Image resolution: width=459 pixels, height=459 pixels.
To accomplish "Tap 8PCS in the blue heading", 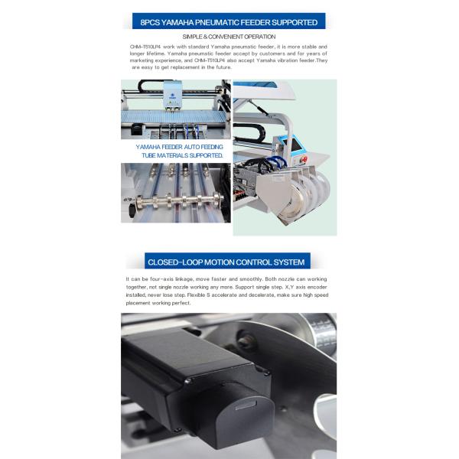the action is click(150, 22).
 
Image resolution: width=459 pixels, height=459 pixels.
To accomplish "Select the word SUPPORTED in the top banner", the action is click(295, 22).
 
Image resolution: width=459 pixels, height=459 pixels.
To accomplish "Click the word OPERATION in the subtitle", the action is click(259, 37).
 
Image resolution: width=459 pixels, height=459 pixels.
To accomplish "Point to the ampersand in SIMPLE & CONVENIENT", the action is click(205, 37).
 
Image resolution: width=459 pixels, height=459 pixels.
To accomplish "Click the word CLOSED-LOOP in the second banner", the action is click(174, 262).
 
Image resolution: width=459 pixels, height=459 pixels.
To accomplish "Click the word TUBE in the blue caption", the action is click(148, 155).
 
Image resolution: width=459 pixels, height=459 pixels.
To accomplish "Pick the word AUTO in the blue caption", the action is click(192, 147).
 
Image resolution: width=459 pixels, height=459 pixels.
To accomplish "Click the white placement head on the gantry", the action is click(172, 94).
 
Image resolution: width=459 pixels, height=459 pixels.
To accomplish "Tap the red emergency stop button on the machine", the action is click(303, 160).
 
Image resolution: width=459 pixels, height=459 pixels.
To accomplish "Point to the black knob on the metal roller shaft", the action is click(132, 210).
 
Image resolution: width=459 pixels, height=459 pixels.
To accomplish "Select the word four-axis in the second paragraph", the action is click(161, 279).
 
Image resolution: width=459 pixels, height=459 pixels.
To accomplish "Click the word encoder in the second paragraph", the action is click(317, 287).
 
